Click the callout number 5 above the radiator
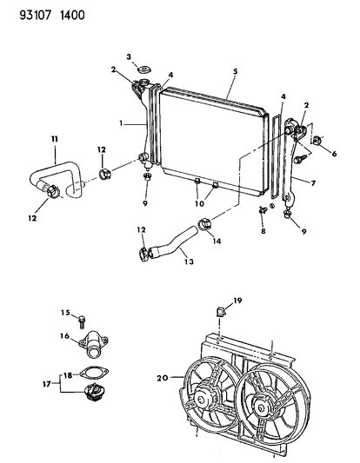[x=235, y=71]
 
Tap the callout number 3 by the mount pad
[x=129, y=56]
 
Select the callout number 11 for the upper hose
[x=55, y=139]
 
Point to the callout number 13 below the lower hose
[x=189, y=261]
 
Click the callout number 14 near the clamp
[x=217, y=241]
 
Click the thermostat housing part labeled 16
[x=94, y=344]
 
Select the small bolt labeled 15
[x=82, y=322]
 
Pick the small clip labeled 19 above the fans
[x=221, y=311]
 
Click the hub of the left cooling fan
[x=202, y=400]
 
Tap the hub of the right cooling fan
[x=260, y=407]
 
